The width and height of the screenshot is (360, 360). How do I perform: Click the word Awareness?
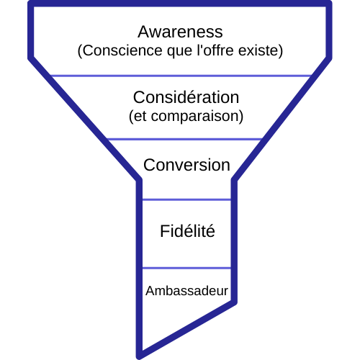[x=180, y=32]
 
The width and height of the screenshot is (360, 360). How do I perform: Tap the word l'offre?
[x=215, y=50]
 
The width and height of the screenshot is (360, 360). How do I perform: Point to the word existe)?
[x=261, y=50]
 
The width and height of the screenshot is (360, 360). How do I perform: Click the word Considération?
[x=186, y=97]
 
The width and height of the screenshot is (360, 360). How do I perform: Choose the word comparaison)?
[x=197, y=117]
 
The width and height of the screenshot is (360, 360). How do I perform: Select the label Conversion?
[x=186, y=165]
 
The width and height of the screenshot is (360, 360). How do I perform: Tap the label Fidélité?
[x=187, y=231]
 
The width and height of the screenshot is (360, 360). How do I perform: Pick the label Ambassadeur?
[x=186, y=291]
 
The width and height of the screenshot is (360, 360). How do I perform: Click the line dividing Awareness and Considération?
[x=181, y=76]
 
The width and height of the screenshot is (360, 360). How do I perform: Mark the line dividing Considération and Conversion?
[x=184, y=139]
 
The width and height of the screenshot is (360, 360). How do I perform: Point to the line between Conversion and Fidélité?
[x=186, y=199]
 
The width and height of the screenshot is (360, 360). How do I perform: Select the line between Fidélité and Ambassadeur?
[x=186, y=268]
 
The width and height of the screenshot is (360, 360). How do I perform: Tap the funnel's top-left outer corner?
[x=29, y=2]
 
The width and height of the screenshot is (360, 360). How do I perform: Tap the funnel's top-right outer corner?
[x=330, y=2]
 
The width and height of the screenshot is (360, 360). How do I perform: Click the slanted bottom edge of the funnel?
[x=188, y=329]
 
